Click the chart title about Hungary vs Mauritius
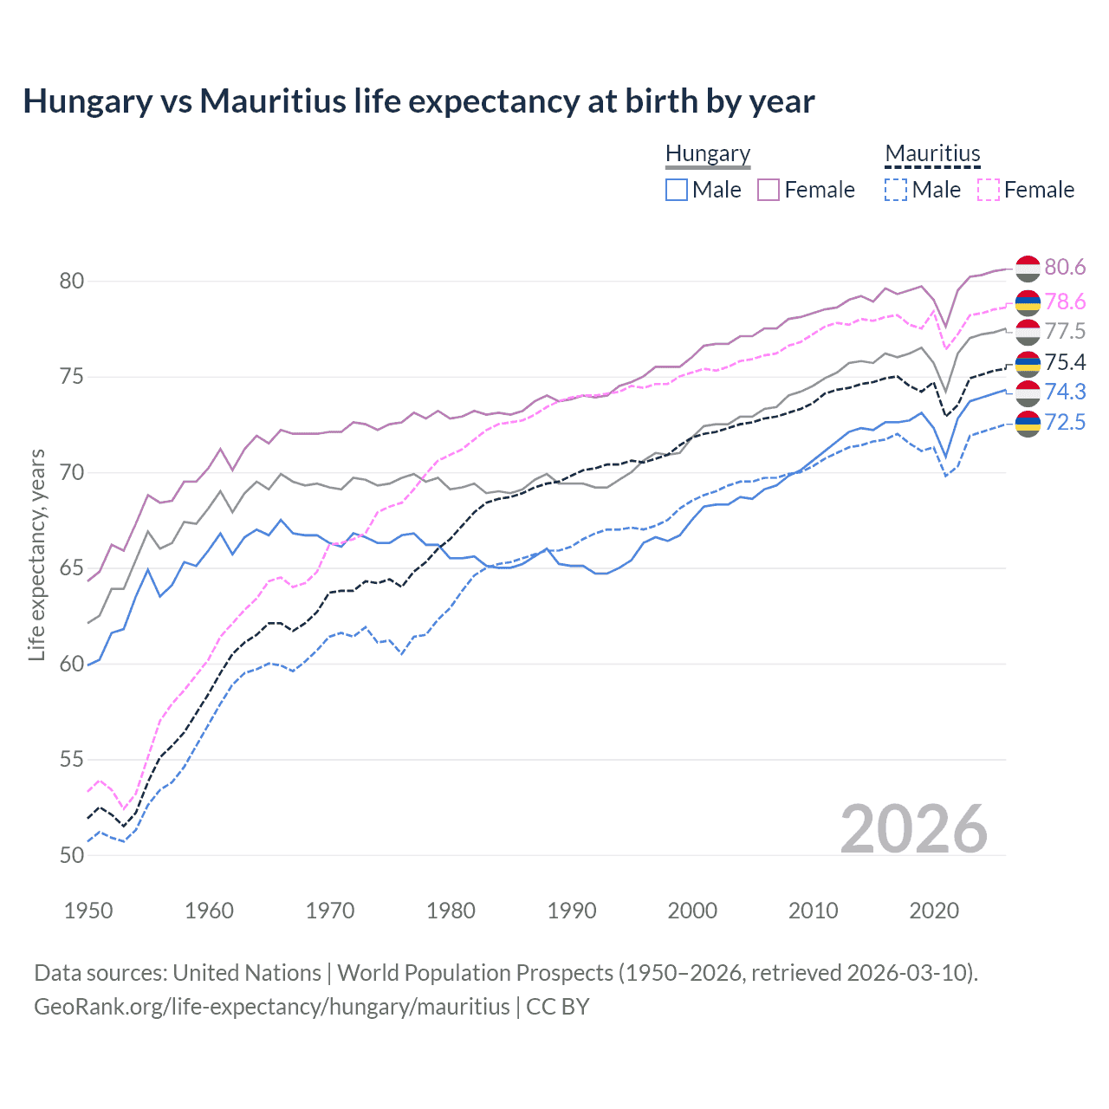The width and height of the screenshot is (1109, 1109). coord(418,101)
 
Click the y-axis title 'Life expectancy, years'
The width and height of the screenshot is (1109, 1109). coord(36,554)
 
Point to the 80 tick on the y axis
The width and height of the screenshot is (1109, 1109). coord(72,281)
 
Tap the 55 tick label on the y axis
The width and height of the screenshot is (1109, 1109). coord(72,760)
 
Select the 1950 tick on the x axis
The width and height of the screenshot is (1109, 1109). coord(88,911)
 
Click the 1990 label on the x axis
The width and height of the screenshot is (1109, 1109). coord(572,911)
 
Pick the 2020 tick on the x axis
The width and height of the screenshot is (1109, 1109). coord(934,911)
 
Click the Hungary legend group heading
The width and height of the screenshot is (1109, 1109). coord(708,154)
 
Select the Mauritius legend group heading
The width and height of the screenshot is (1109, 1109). coord(932,154)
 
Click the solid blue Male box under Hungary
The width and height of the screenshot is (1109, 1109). coord(677,190)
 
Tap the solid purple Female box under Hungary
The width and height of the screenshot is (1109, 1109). coord(769,190)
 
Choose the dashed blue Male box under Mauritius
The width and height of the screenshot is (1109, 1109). coord(896,190)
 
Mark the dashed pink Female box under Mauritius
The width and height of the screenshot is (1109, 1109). coord(989,190)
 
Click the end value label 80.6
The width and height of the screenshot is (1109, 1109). coord(1065,268)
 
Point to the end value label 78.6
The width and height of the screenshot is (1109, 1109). coord(1065,302)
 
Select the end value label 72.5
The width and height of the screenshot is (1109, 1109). coord(1065,422)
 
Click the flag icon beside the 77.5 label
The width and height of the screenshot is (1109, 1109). coord(1028,332)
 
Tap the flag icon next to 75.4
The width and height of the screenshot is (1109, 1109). coord(1028,362)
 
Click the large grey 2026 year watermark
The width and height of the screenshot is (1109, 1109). coord(914,829)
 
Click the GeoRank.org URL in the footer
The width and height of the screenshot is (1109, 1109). coord(271,1007)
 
